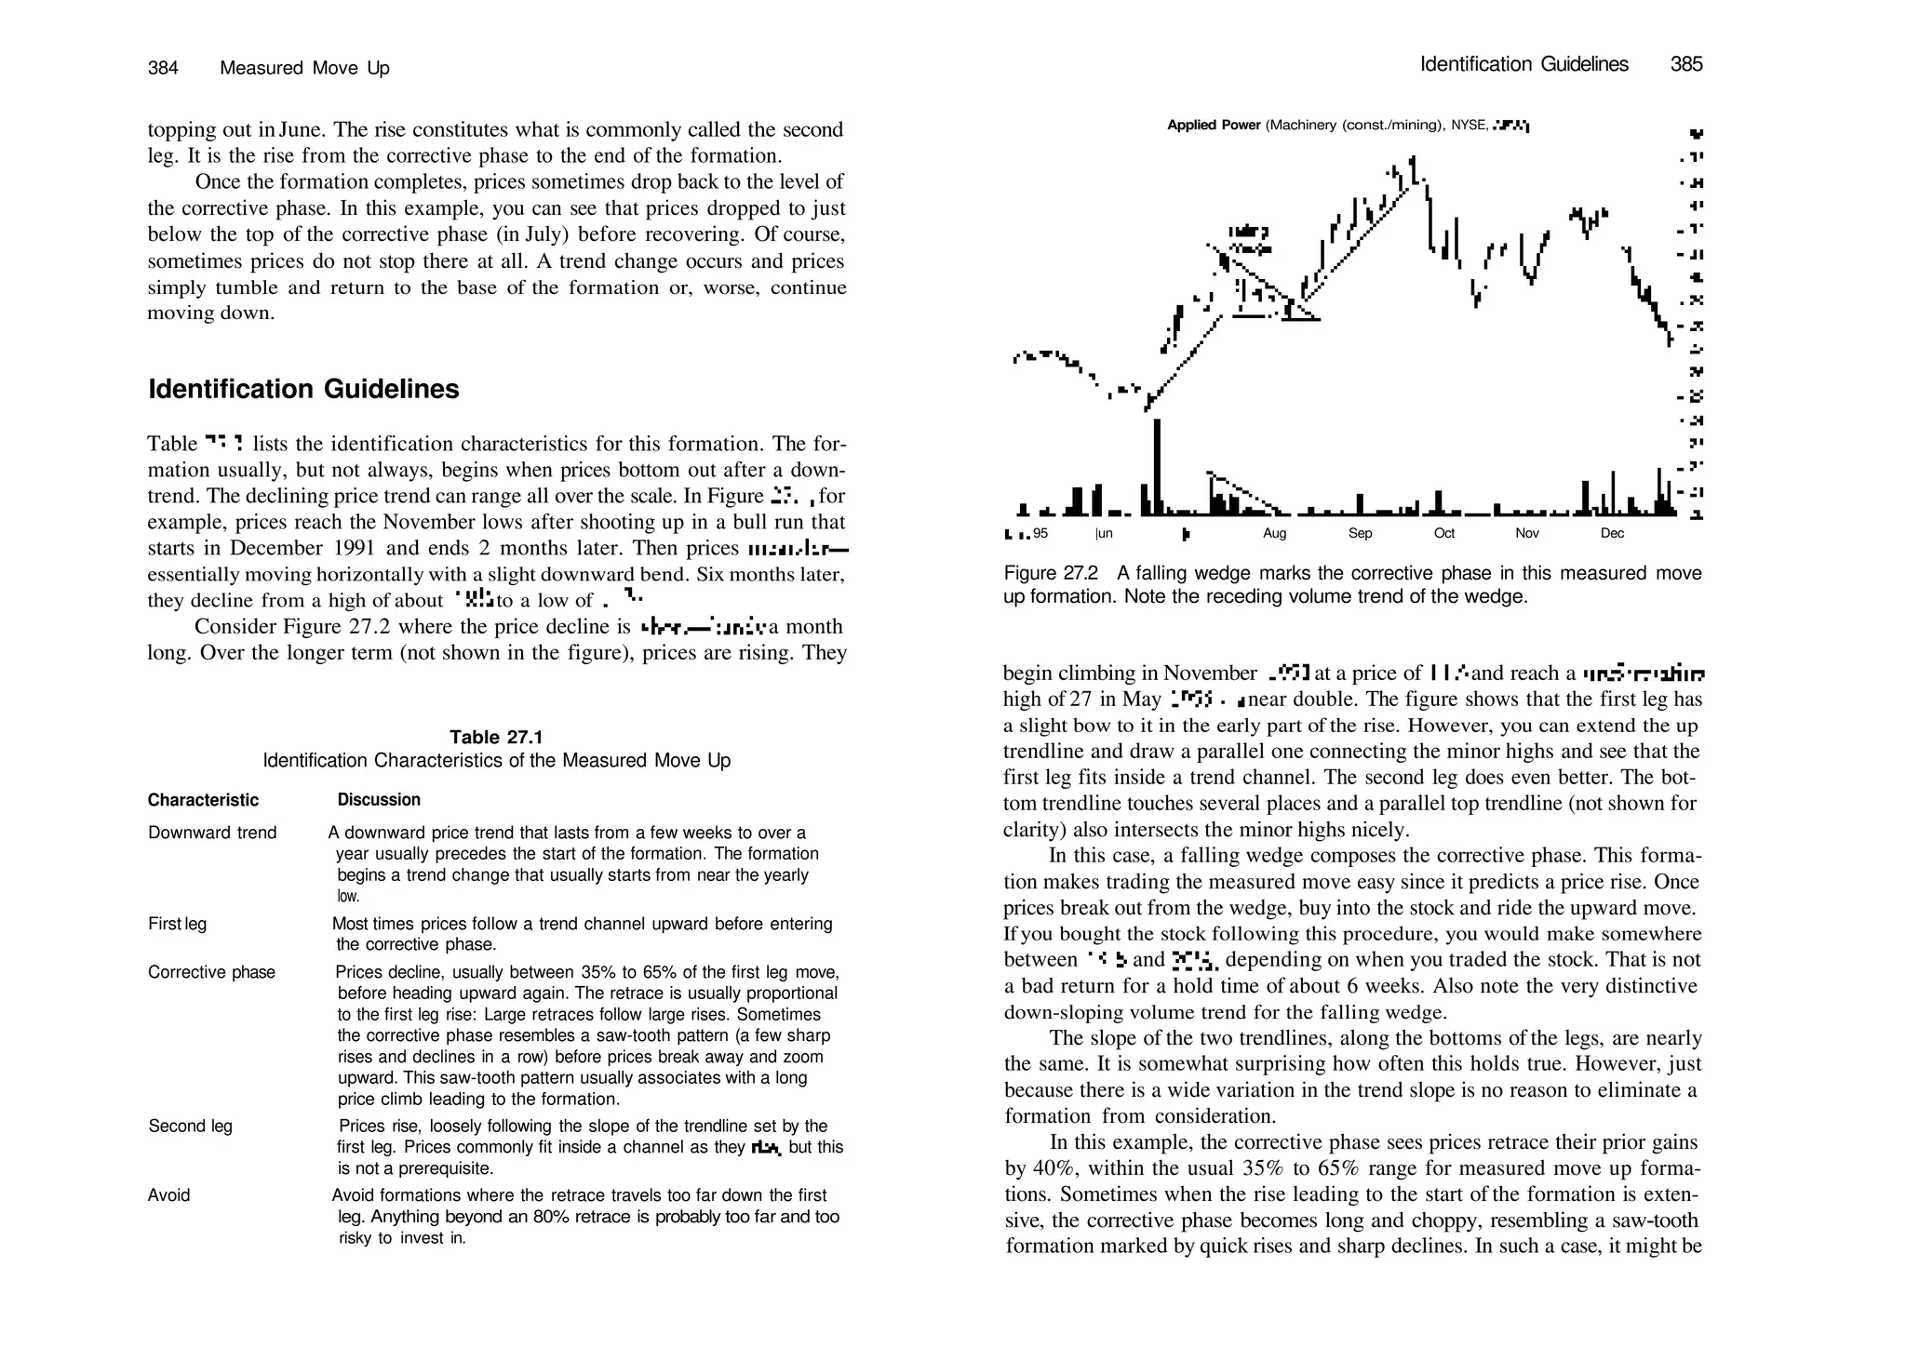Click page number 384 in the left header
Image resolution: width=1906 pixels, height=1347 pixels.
tap(163, 68)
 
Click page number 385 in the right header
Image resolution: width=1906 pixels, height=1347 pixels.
tap(1686, 64)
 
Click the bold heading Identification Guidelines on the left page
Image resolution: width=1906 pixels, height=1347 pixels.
tap(303, 389)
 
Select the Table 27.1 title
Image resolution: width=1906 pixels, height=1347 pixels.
tap(496, 738)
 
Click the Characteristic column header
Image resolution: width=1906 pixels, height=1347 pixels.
tap(203, 800)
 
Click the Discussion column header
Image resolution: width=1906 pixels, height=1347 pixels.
tap(379, 800)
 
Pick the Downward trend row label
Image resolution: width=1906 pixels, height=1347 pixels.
tap(212, 833)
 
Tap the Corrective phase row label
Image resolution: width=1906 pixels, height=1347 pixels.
tap(211, 972)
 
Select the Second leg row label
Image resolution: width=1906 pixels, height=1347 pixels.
tap(190, 1127)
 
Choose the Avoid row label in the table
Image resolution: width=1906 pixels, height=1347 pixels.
tap(168, 1195)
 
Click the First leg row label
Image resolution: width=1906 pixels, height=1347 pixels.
tap(177, 924)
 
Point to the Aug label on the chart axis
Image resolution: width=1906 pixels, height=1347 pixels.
tap(1274, 534)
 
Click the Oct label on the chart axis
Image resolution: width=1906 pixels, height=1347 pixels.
tap(1443, 534)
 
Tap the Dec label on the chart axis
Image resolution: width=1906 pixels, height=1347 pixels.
tap(1612, 534)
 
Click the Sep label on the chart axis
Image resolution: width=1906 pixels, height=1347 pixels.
tap(1360, 534)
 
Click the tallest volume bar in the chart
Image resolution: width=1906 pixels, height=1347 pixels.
tap(1157, 465)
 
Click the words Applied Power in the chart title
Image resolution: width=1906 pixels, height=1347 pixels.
tap(1214, 126)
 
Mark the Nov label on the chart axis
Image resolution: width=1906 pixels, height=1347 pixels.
tap(1527, 534)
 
